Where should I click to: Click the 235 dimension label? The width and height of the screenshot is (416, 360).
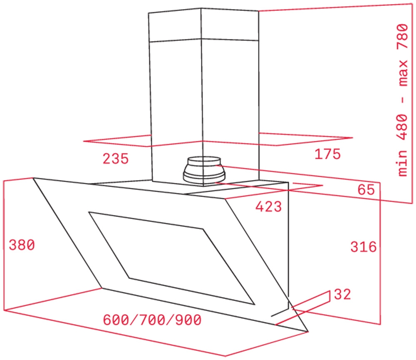tap(115, 159)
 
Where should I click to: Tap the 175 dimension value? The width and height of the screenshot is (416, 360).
tap(327, 154)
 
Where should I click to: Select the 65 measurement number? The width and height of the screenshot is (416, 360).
tap(366, 190)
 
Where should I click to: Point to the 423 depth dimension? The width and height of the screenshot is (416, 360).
tap(268, 207)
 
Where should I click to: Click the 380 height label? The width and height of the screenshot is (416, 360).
tap(22, 245)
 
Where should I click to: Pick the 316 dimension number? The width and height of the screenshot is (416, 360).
tap(364, 247)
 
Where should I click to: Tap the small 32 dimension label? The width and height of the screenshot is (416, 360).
tap(342, 294)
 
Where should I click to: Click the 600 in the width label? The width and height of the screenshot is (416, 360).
tap(116, 320)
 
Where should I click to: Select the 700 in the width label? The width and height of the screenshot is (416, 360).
tap(152, 320)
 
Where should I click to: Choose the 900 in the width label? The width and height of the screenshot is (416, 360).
tap(188, 320)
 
